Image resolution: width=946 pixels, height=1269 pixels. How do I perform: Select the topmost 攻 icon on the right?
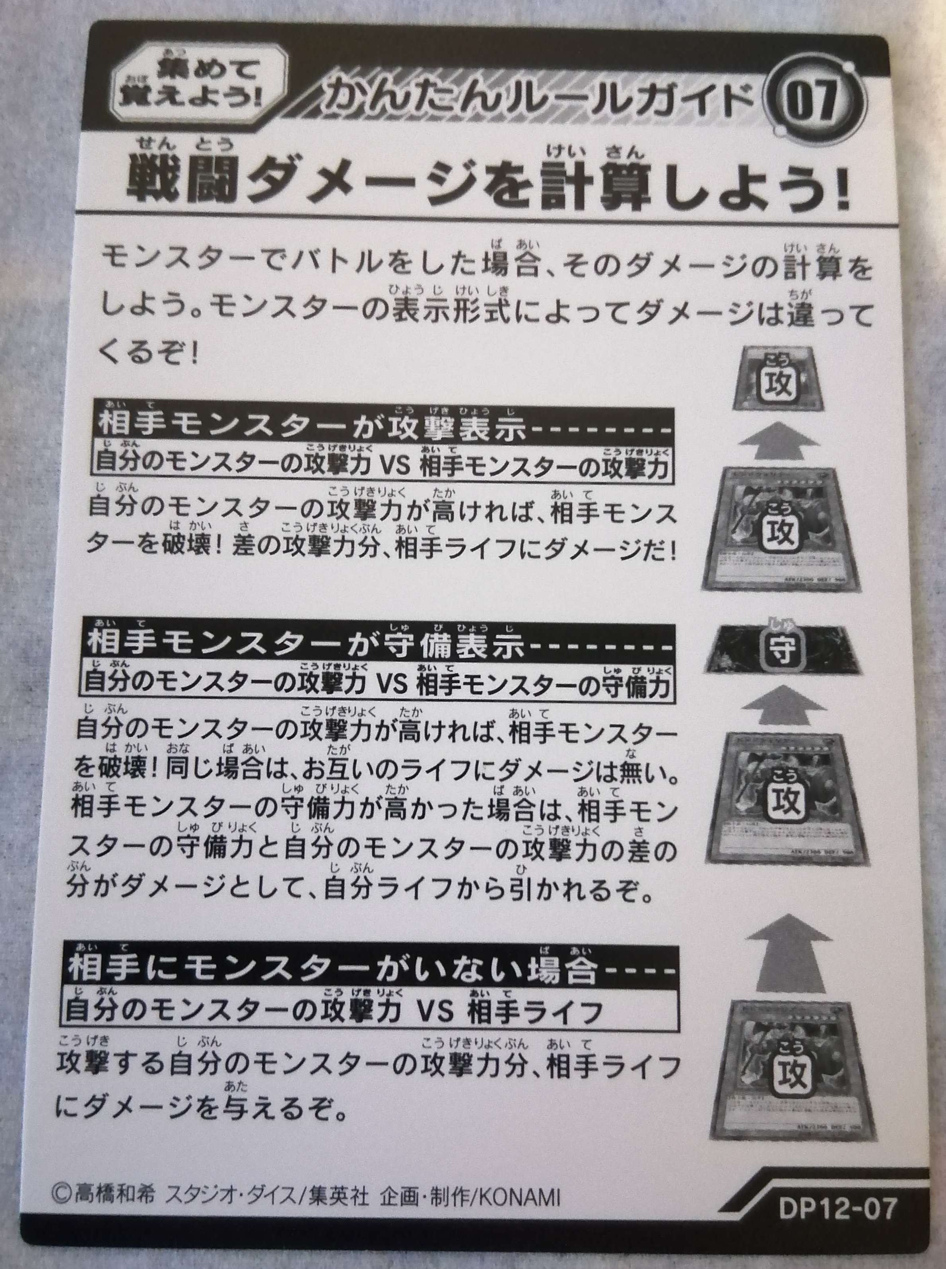(781, 381)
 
